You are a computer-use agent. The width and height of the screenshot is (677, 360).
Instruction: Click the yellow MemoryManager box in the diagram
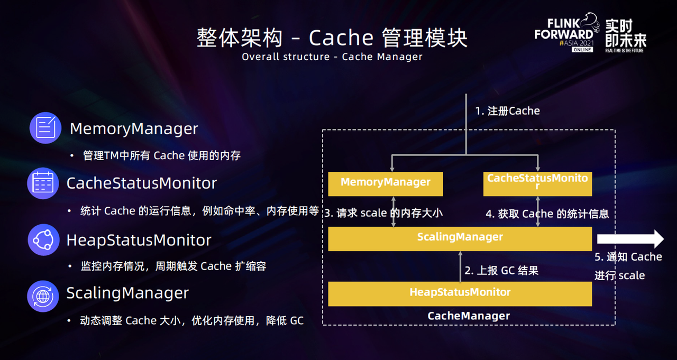click(385, 183)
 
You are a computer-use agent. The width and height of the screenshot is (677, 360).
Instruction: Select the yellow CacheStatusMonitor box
click(537, 183)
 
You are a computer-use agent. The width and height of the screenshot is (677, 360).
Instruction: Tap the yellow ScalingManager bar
click(460, 238)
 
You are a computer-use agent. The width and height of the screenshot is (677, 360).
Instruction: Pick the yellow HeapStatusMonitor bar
click(460, 293)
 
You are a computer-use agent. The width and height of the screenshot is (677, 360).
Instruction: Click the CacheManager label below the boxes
click(469, 316)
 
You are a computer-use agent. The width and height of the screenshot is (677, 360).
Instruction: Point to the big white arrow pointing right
click(630, 239)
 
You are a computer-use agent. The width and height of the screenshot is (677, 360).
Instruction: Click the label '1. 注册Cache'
click(507, 111)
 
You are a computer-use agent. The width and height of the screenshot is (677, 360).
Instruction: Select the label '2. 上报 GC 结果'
click(501, 270)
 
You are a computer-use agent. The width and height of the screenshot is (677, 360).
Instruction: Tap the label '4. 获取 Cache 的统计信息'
click(547, 214)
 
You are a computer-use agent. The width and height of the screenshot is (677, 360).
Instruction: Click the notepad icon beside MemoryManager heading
click(45, 128)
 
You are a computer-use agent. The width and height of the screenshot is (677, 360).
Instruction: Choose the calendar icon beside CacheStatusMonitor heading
click(43, 183)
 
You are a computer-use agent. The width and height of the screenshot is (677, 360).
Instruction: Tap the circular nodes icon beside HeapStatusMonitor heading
click(43, 239)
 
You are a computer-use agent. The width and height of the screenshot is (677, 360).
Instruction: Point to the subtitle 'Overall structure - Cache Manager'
click(332, 57)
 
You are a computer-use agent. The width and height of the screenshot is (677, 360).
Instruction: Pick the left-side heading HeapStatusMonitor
click(139, 240)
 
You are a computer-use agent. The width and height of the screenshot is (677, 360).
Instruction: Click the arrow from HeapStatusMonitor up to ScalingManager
click(460, 266)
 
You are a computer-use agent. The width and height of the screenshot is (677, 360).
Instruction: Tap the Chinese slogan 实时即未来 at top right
click(626, 33)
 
